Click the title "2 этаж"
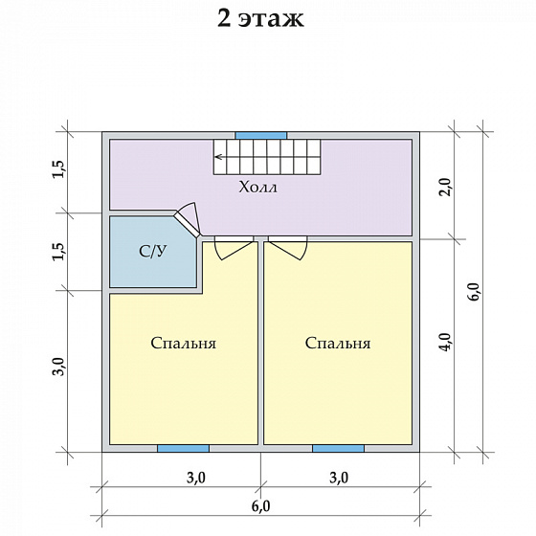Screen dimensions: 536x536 pyautogui.click(x=260, y=19)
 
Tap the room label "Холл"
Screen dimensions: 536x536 pyautogui.click(x=258, y=188)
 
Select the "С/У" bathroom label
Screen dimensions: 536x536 pyautogui.click(x=153, y=251)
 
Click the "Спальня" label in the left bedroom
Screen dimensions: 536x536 pyautogui.click(x=184, y=344)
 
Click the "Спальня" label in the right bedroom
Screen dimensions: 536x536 pyautogui.click(x=338, y=344)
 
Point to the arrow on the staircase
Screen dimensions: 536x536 pyautogui.click(x=220, y=157)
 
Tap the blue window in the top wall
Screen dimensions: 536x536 pyautogui.click(x=261, y=136)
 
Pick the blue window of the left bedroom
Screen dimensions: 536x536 pyautogui.click(x=183, y=449)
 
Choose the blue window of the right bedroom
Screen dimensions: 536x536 pyautogui.click(x=339, y=449)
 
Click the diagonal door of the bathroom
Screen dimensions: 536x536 pyautogui.click(x=187, y=224)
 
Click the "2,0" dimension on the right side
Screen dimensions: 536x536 pyautogui.click(x=446, y=187)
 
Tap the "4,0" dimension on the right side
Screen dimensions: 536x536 pyautogui.click(x=446, y=342)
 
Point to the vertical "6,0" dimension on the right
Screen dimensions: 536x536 pyautogui.click(x=475, y=292)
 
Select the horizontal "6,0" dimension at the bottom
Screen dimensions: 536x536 pyautogui.click(x=260, y=506)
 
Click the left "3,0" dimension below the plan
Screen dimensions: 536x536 pyautogui.click(x=196, y=478)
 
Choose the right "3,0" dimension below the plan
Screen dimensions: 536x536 pyautogui.click(x=339, y=478)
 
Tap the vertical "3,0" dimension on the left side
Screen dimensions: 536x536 pyautogui.click(x=58, y=366)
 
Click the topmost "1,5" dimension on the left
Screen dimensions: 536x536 pyautogui.click(x=58, y=168)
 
